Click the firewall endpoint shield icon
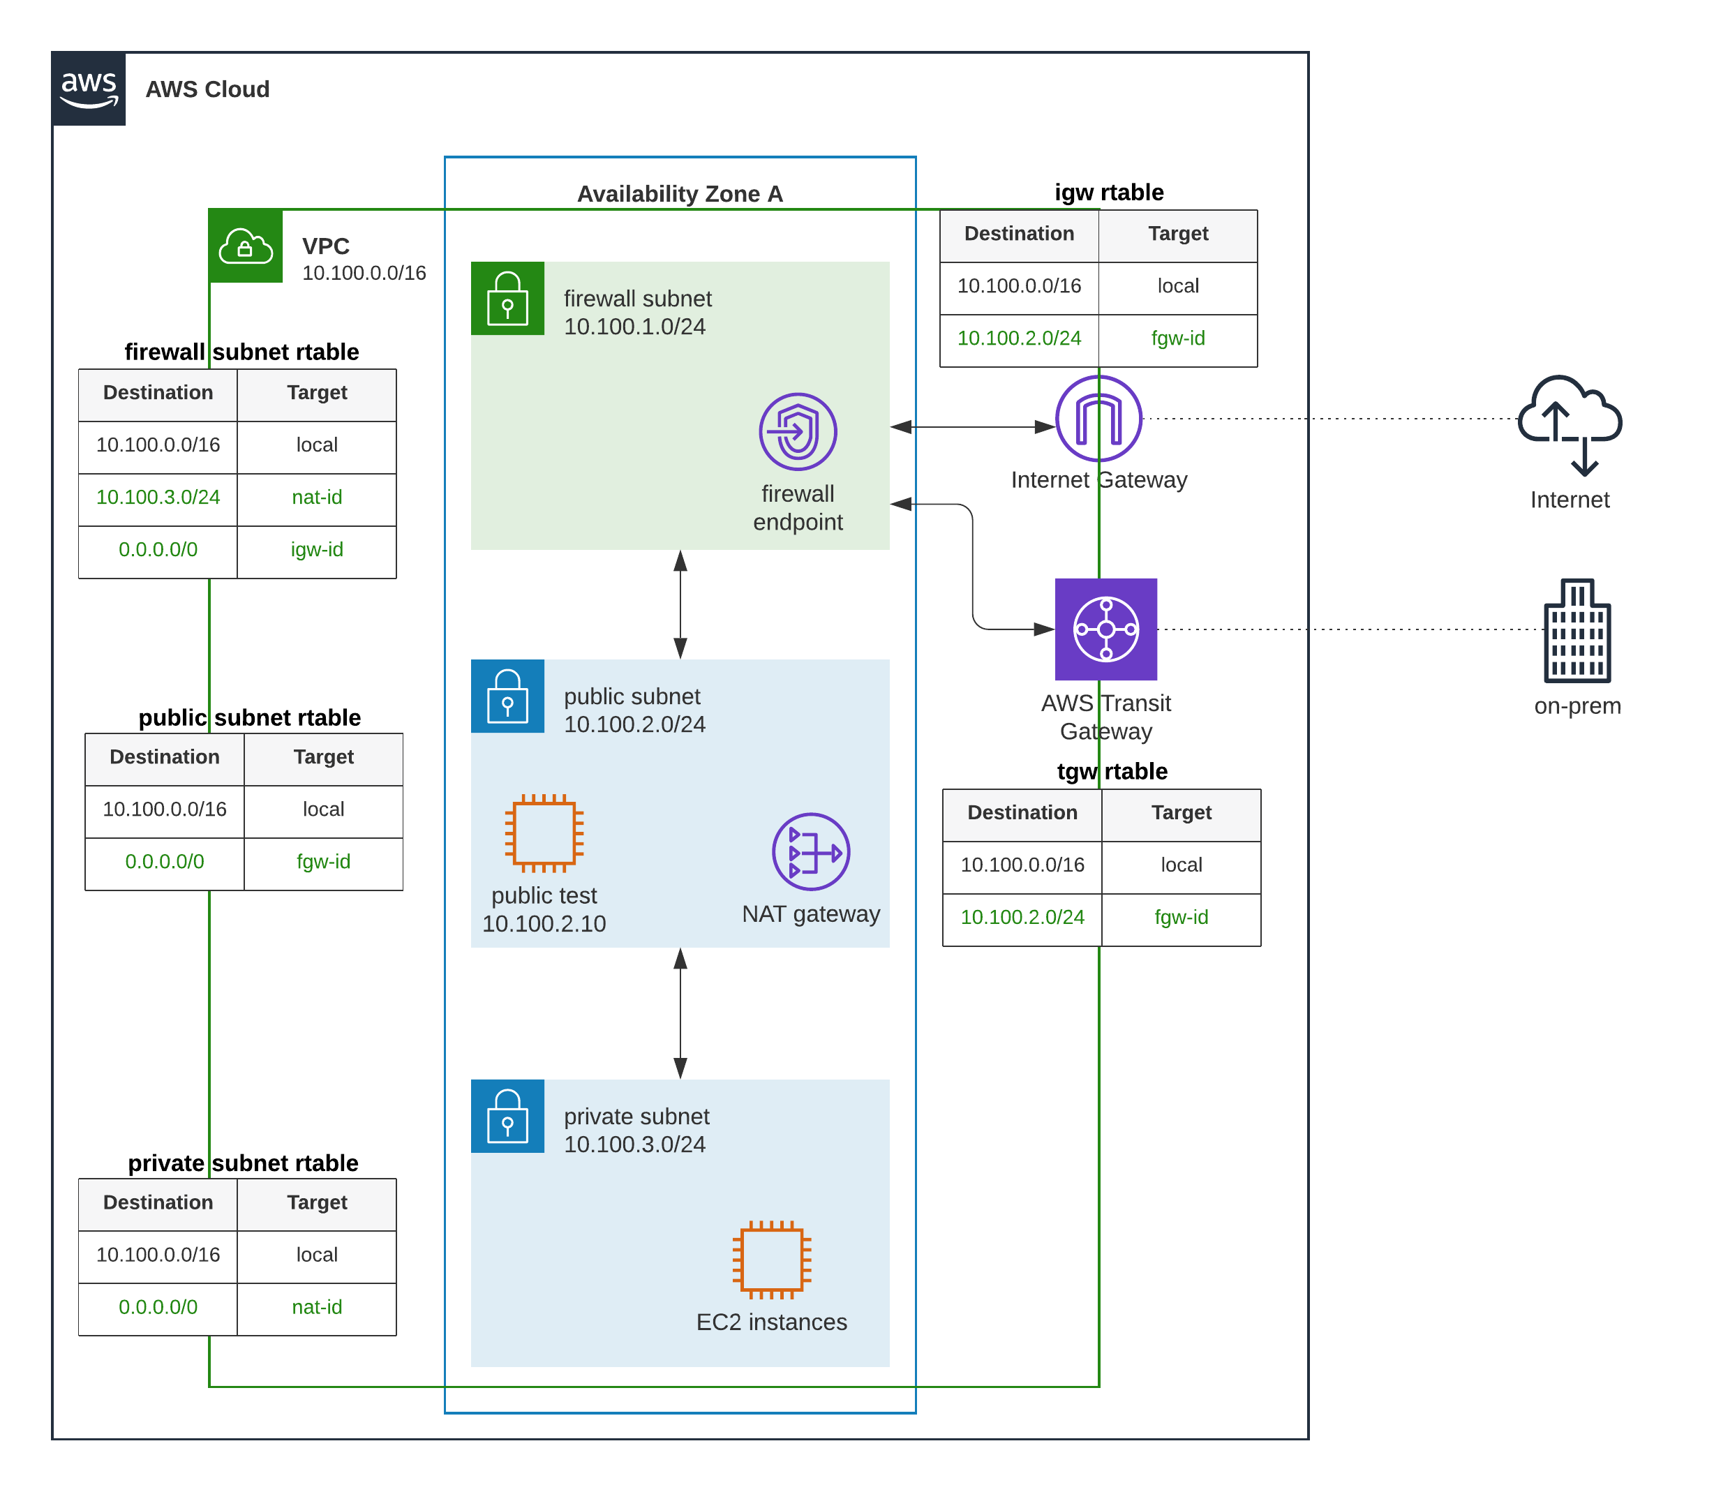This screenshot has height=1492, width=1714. click(798, 431)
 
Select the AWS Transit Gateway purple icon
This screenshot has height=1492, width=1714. click(1105, 629)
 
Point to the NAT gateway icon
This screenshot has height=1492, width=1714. click(811, 852)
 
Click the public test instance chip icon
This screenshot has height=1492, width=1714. click(544, 833)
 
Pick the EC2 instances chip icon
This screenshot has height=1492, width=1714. click(772, 1260)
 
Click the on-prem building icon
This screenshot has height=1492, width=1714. click(1577, 630)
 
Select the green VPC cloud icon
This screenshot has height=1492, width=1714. click(246, 246)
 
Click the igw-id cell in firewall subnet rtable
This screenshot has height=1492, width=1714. click(316, 549)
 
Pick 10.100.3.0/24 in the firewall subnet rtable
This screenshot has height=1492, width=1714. click(158, 497)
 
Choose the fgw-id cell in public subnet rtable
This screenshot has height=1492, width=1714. click(323, 862)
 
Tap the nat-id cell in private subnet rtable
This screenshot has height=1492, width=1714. click(316, 1307)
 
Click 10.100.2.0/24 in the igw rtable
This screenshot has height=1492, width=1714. click(1019, 338)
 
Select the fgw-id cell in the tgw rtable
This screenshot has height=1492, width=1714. click(1182, 918)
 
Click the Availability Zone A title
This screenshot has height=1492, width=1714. click(680, 194)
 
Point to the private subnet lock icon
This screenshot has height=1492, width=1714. click(508, 1117)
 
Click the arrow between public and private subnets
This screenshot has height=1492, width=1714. click(680, 1013)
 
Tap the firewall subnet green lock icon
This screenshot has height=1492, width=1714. click(508, 299)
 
